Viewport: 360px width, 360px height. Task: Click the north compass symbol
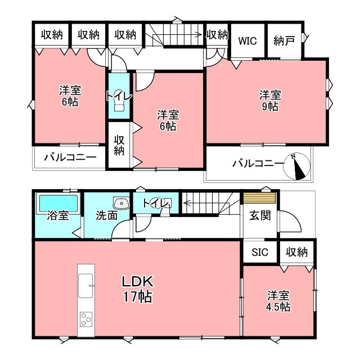(296, 166)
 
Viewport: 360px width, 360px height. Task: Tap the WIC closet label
(247, 41)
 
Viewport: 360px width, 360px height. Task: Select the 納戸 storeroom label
(284, 41)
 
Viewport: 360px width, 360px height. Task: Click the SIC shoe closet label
(260, 252)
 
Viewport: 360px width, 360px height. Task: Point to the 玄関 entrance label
(260, 215)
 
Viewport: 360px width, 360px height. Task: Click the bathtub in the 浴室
(58, 203)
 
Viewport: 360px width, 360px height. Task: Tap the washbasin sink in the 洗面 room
(121, 203)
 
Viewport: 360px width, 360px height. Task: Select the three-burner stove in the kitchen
(86, 319)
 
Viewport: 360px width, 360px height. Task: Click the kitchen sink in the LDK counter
(85, 286)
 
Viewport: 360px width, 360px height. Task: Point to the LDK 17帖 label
(137, 289)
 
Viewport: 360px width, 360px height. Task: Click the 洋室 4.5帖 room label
(278, 301)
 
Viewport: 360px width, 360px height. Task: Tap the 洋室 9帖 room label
(270, 101)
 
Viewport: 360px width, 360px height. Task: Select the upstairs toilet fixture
(119, 101)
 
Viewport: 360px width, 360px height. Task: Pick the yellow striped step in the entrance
(259, 198)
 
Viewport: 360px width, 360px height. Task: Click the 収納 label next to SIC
(296, 252)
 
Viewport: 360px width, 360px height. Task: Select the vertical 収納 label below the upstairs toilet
(119, 146)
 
